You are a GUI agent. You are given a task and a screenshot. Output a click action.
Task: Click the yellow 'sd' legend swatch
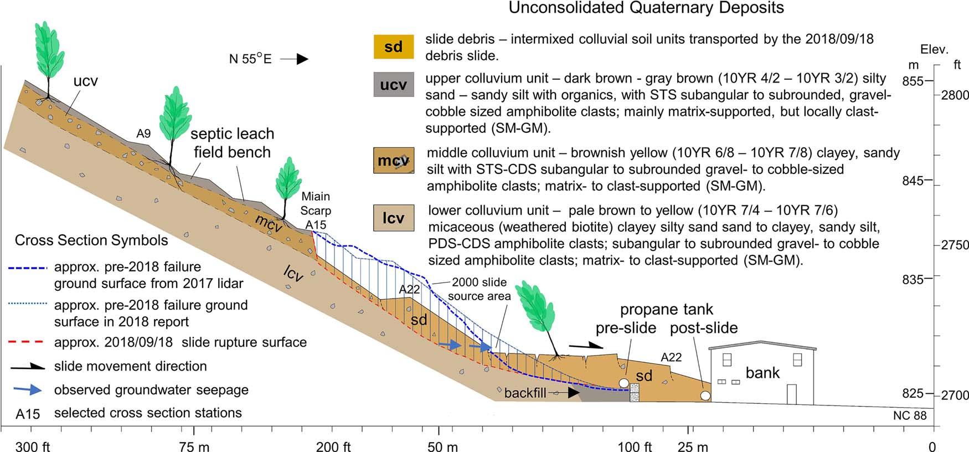[x=393, y=47]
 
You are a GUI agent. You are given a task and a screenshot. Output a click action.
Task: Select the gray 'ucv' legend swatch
[x=393, y=85]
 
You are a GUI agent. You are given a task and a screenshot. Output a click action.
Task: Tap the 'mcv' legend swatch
[x=393, y=161]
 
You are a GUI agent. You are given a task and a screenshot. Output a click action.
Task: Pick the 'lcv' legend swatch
[x=393, y=218]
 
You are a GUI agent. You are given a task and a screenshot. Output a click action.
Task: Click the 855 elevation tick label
[x=913, y=81]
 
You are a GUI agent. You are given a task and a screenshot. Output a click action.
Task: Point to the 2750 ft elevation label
[x=955, y=245]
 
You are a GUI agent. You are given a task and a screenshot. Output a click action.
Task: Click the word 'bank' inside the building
[x=762, y=373]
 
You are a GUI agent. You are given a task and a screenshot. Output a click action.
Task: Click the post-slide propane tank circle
[x=705, y=395]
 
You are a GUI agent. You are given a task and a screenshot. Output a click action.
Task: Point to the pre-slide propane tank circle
[x=624, y=383]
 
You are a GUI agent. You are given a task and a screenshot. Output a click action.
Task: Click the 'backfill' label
[x=525, y=393]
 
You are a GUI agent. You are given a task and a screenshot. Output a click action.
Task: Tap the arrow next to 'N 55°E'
[x=294, y=59]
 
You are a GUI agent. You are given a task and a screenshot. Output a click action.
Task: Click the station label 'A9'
[x=143, y=133]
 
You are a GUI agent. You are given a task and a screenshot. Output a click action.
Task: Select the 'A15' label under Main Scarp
[x=316, y=224]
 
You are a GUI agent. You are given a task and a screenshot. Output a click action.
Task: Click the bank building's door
[x=791, y=394]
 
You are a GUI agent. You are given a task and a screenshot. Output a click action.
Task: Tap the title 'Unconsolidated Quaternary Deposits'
[x=646, y=8]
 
